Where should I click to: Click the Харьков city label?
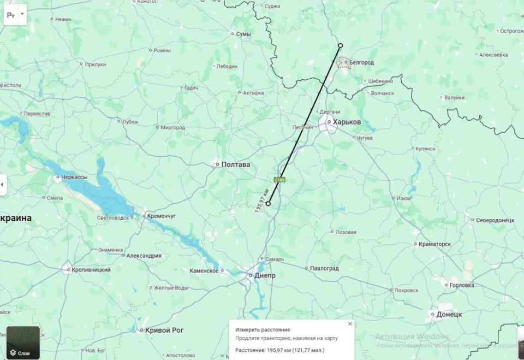click(x=347, y=122)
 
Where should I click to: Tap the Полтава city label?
click(x=236, y=164)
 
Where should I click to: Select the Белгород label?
click(x=361, y=62)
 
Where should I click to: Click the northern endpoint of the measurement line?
click(x=340, y=45)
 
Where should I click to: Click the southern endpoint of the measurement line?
click(x=268, y=203)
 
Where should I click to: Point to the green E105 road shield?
click(x=279, y=179)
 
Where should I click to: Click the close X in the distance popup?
click(x=350, y=323)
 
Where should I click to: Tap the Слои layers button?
click(x=23, y=343)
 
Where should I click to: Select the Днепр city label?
click(x=265, y=275)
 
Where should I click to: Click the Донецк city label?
click(x=449, y=314)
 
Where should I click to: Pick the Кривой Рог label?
click(x=164, y=330)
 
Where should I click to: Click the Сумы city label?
click(x=243, y=34)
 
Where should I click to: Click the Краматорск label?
click(x=434, y=244)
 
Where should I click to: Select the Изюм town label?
click(x=403, y=198)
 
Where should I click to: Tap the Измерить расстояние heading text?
click(x=263, y=330)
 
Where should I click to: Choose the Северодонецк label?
click(x=495, y=220)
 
